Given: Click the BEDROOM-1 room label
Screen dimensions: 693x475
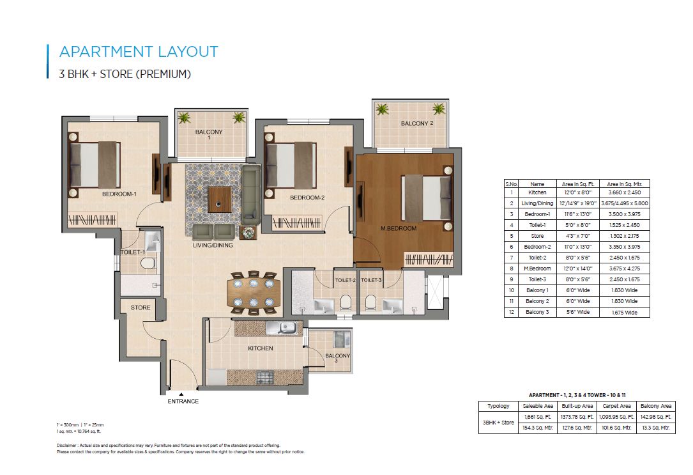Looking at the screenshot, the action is click(x=119, y=194).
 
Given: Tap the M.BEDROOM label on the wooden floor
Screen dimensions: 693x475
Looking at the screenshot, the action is click(x=399, y=228).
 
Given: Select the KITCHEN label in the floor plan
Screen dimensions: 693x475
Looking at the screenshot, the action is click(x=261, y=348).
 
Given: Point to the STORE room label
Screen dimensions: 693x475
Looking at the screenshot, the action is click(x=141, y=308).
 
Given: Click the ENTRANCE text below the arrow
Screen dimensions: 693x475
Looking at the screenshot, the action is click(x=183, y=401).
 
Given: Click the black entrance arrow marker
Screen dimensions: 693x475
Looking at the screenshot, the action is click(x=181, y=394).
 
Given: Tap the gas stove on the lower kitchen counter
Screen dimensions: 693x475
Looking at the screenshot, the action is click(x=266, y=378).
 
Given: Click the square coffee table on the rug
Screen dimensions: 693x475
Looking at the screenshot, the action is click(x=220, y=199).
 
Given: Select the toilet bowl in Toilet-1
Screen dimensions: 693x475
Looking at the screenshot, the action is click(x=148, y=264).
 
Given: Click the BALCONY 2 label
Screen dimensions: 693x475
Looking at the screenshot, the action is click(x=417, y=123).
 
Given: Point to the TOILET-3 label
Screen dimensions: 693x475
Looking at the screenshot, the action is click(x=371, y=280).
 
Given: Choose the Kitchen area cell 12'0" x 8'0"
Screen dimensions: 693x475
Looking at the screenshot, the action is click(x=577, y=192).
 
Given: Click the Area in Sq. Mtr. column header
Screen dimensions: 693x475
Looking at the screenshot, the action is click(x=625, y=184).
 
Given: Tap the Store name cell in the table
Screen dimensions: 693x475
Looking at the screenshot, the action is click(x=537, y=236).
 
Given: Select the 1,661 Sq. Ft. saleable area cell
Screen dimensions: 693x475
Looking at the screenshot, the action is click(x=538, y=417).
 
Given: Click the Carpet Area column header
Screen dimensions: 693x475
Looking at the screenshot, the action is click(x=616, y=405).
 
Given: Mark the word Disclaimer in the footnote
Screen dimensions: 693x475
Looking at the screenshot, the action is click(x=66, y=446).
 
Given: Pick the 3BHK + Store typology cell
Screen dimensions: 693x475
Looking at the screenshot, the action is click(x=499, y=423).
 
